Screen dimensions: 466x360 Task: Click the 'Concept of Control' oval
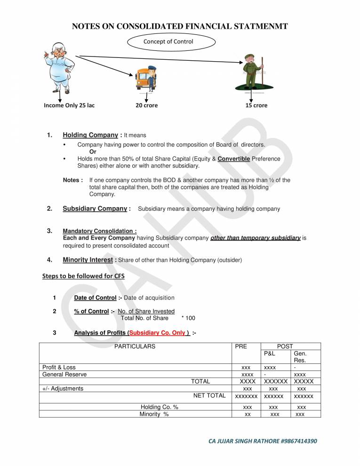[x=171, y=41]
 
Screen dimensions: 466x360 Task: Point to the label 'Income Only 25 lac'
[x=69, y=105]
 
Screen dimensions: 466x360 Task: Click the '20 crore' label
[x=147, y=105]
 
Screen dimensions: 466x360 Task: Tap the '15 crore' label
[x=256, y=105]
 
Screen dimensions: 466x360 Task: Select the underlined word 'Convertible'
[x=233, y=159]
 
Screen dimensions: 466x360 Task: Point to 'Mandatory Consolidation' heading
[x=99, y=232]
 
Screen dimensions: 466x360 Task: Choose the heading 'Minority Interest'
[x=88, y=260]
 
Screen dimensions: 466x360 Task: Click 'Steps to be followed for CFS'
[x=83, y=276]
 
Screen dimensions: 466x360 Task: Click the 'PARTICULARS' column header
[x=135, y=346]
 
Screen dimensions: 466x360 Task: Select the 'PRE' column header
[x=240, y=346]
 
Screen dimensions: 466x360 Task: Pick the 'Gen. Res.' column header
[x=300, y=357]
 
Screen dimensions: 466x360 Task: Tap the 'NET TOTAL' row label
[x=209, y=396]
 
